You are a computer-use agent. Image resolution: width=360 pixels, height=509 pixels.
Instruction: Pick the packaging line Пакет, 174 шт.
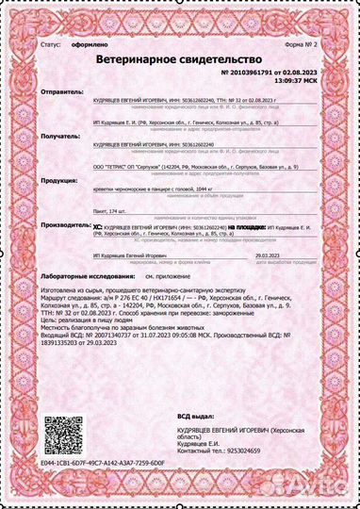pyautogui.click(x=110, y=213)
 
